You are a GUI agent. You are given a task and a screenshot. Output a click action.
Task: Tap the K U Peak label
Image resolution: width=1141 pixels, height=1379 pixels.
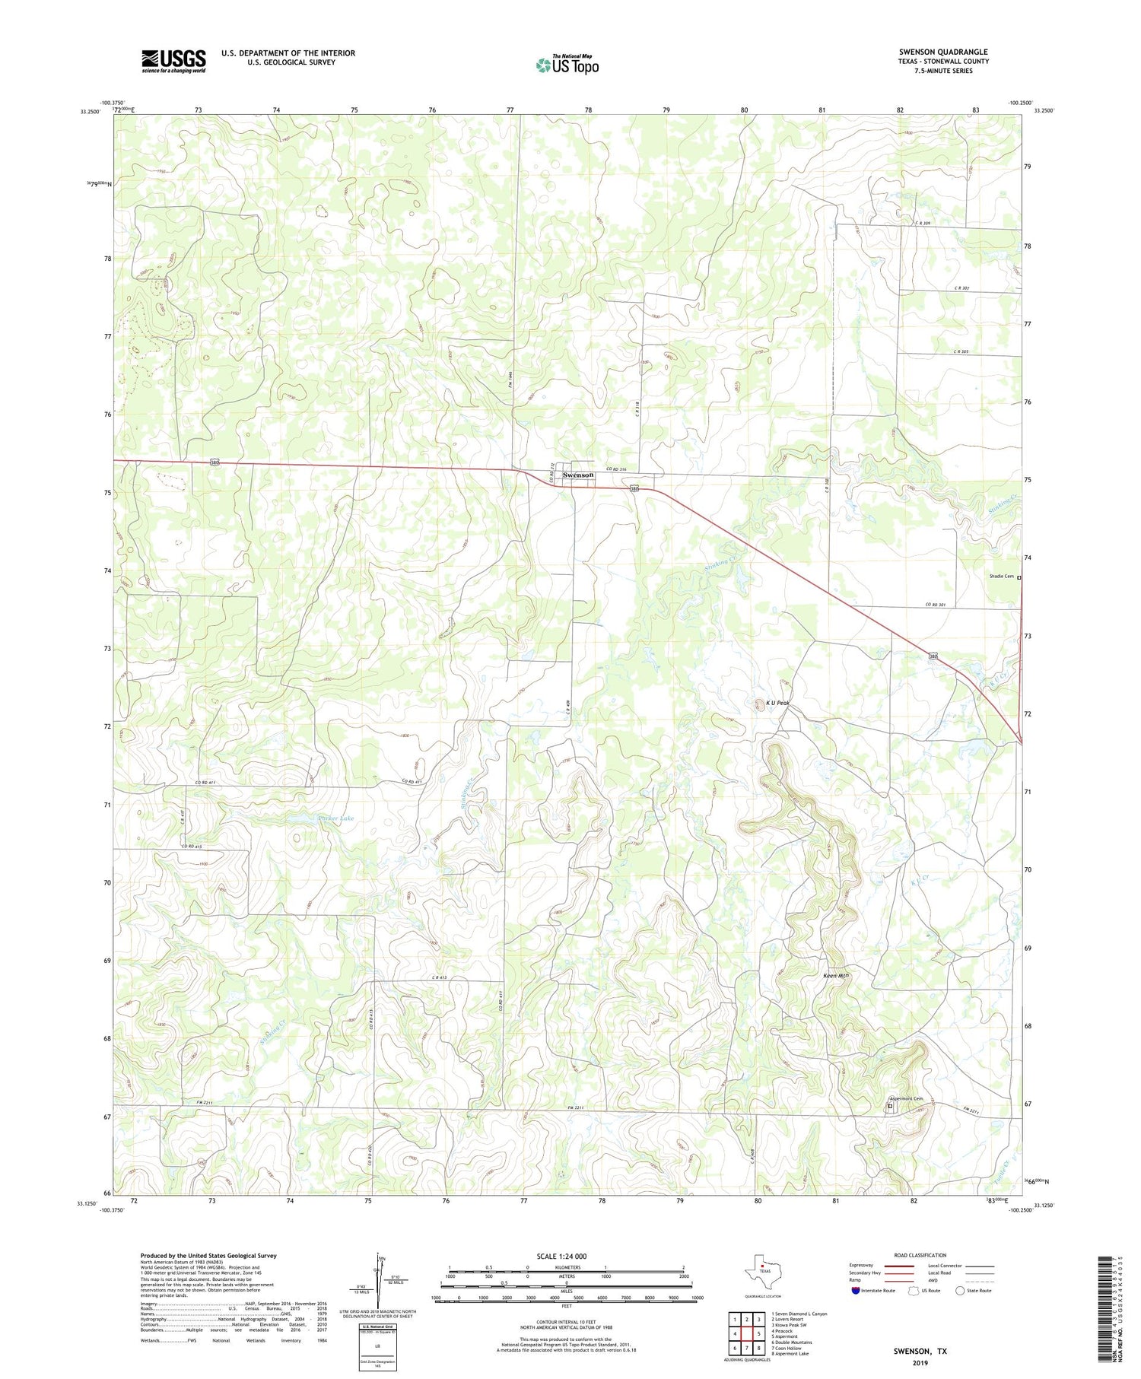[776, 703]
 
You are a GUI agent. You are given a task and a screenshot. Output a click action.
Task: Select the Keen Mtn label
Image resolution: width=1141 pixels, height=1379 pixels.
[837, 975]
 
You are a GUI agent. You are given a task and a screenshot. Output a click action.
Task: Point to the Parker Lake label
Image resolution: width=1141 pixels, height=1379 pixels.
[335, 818]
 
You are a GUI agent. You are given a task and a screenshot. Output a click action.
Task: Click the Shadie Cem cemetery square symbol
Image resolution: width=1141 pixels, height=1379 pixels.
[1019, 577]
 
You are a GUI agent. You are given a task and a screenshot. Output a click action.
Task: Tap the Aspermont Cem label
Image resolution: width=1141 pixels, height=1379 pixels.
[906, 1098]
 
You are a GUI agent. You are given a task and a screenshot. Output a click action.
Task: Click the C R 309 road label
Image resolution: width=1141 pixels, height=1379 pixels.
[923, 223]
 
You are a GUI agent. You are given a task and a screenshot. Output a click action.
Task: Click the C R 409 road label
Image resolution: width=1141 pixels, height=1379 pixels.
[568, 708]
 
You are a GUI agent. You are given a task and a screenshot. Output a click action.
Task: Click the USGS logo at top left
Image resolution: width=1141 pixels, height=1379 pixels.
[173, 61]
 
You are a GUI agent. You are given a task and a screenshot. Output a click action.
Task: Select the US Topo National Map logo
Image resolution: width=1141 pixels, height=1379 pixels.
[567, 65]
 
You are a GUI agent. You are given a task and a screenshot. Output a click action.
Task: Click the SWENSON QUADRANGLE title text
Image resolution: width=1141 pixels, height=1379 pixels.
[943, 52]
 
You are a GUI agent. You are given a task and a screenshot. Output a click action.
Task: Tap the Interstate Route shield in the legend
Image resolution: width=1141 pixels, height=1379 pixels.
[855, 1290]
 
